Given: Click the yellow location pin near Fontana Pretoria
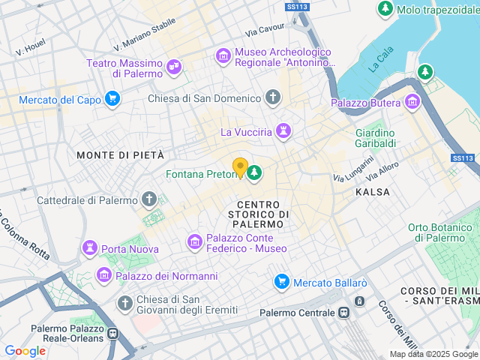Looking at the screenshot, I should pos(240,166).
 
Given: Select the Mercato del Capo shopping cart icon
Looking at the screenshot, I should pos(112,99).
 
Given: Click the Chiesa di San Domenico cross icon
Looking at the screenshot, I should pos(272,98).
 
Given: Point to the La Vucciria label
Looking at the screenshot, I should pos(245,132).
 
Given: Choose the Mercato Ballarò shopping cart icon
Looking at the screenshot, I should pos(282,282).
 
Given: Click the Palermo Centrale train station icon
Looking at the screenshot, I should pos(345,313).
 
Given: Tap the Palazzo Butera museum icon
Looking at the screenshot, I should pos(412,102).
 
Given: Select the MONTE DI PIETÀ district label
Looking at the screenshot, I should pos(120,154).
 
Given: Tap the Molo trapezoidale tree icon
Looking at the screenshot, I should pos(385,9).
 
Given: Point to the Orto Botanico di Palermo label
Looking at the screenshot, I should pos(442,232).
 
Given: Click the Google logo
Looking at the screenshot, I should pos(25,350).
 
